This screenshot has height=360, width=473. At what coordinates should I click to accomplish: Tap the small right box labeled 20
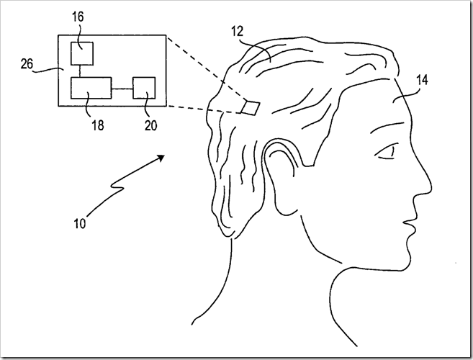pyautogui.click(x=144, y=89)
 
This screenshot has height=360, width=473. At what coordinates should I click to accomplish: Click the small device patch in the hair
pyautogui.click(x=251, y=107)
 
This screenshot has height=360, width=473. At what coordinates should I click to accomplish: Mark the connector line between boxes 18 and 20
pyautogui.click(x=122, y=89)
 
